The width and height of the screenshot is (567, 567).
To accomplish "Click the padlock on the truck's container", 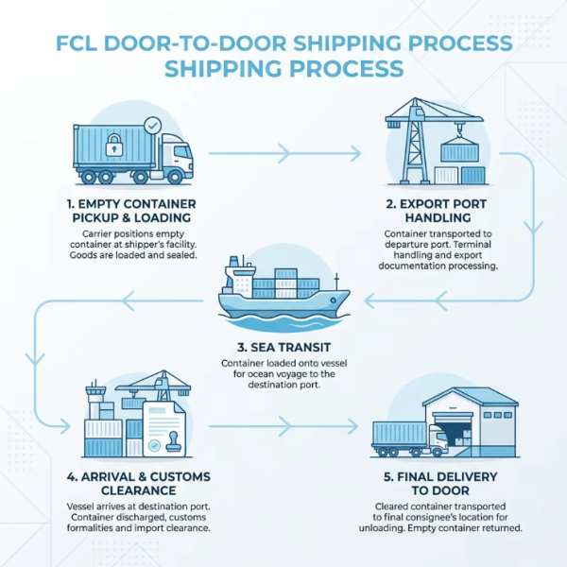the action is click(x=114, y=145).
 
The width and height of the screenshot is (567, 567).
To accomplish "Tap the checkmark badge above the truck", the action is click(x=152, y=126).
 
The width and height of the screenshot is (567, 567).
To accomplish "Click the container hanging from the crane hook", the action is click(x=459, y=151).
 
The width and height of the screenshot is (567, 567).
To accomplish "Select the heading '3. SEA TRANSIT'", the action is click(x=283, y=347).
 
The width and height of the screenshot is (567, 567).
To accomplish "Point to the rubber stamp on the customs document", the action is click(x=175, y=442).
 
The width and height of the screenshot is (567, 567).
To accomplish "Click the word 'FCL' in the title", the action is click(x=77, y=43).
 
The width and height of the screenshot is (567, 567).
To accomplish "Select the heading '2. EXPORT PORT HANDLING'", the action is click(x=437, y=211).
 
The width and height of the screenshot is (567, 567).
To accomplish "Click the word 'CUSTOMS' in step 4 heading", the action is click(x=180, y=476).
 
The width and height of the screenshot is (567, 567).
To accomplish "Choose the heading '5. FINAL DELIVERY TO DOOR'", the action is click(x=440, y=484).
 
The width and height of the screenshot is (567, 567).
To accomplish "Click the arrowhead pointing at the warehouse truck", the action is click(x=352, y=426).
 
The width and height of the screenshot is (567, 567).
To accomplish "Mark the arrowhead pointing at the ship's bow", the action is click(x=369, y=301).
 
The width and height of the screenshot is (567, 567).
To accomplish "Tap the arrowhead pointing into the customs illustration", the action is click(x=64, y=426).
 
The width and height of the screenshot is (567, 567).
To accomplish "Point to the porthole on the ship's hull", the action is click(x=333, y=301).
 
